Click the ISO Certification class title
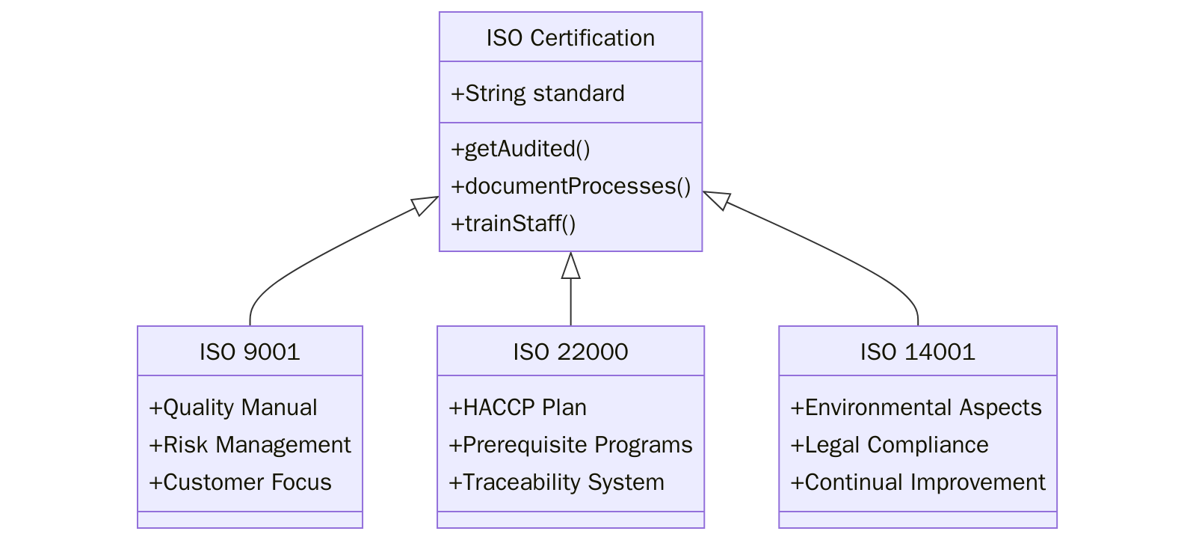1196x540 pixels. click(x=570, y=37)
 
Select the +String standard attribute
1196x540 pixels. click(x=537, y=93)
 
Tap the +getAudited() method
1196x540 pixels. click(x=520, y=149)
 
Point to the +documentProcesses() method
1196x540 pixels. click(x=570, y=186)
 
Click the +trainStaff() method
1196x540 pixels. click(x=513, y=224)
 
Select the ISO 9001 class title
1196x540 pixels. click(x=250, y=352)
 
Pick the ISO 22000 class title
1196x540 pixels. click(x=570, y=352)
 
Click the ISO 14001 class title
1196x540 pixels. click(x=917, y=352)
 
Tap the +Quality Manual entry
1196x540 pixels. click(x=233, y=408)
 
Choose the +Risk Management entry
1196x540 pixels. click(x=250, y=445)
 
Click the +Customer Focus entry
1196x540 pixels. click(x=240, y=482)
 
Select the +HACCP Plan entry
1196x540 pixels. click(x=517, y=408)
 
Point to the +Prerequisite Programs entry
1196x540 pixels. click(x=570, y=445)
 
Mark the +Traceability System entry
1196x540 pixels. click(x=556, y=482)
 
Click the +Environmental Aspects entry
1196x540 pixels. click(x=916, y=408)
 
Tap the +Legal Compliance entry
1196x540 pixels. click(x=890, y=445)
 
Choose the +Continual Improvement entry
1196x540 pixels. click(x=917, y=482)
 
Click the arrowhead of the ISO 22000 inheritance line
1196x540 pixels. click(x=570, y=266)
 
